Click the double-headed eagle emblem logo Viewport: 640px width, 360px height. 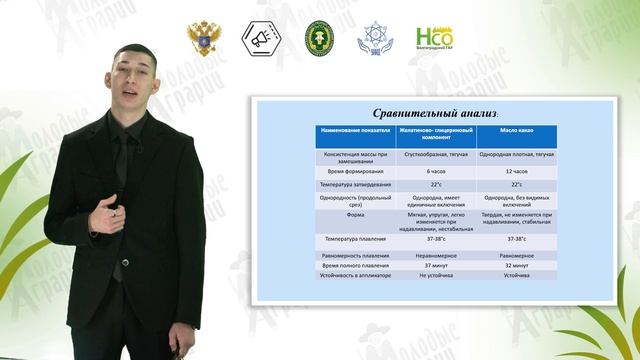coord(203,38)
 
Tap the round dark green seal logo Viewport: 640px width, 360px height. coord(319,38)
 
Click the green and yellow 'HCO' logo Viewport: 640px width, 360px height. coord(433,38)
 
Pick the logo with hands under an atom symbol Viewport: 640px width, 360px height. coord(375,38)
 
